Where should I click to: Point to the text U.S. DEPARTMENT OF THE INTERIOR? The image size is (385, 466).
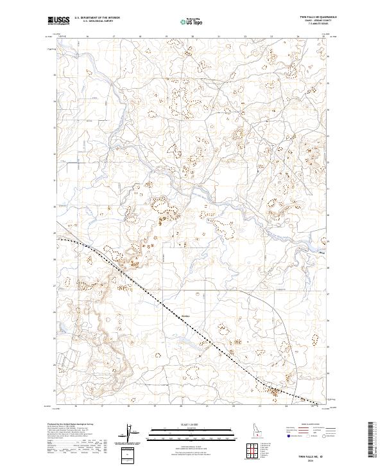tap(97, 18)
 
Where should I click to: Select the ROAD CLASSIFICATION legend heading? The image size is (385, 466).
tap(307, 425)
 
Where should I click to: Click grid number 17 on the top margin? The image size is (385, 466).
tap(113, 37)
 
